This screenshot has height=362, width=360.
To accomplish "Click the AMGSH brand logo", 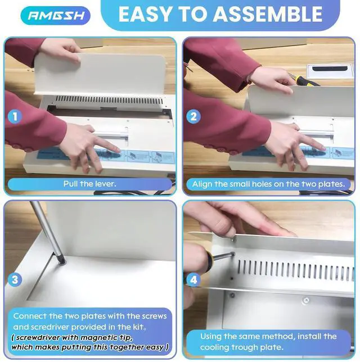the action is click(x=56, y=16).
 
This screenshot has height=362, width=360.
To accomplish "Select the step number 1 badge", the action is click(x=15, y=116).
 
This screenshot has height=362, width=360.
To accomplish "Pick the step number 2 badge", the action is click(x=193, y=116).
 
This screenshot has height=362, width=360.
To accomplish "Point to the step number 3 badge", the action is click(x=15, y=279).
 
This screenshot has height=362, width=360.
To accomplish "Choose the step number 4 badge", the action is click(x=193, y=279).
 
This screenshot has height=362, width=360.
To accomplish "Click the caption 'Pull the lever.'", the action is click(x=89, y=184).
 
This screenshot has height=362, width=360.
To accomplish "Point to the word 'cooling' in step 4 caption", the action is click(x=214, y=347).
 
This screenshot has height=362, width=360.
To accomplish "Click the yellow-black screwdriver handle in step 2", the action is click(x=306, y=80).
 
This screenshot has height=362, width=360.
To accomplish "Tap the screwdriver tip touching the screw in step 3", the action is click(x=62, y=261).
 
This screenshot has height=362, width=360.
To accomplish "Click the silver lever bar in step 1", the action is click(x=111, y=134).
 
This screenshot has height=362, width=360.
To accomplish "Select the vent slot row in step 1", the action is click(x=109, y=100).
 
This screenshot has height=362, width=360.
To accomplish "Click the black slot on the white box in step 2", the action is click(x=330, y=69).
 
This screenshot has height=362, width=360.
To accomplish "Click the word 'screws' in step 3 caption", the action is click(x=154, y=316).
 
